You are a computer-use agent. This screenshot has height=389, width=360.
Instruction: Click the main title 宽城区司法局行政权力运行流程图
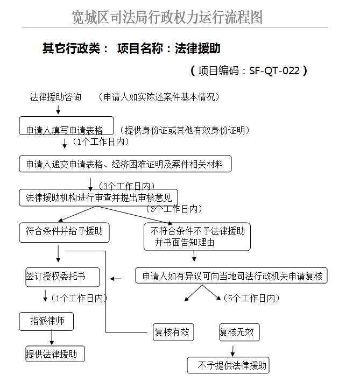pos(167,17)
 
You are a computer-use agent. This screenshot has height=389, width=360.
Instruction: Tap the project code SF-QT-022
pos(274,70)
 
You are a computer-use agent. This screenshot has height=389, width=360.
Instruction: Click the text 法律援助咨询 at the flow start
pos(55,97)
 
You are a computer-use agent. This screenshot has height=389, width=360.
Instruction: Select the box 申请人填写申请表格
pos(67,125)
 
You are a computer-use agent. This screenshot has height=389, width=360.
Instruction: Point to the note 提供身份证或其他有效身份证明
pos(185,130)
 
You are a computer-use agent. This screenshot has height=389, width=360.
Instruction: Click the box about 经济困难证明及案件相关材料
pos(125,164)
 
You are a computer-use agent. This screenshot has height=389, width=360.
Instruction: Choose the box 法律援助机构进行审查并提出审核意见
pos(98,197)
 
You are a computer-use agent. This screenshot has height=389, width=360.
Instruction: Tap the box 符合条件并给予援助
pos(64,232)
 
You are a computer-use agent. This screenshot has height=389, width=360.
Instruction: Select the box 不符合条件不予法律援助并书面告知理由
pos(197,237)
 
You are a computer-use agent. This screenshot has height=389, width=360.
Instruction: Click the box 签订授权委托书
pos(63,277)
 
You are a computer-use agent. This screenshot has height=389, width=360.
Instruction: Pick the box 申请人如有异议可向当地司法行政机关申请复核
pos(231,275)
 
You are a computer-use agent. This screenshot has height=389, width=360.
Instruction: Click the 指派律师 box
pos(46,322)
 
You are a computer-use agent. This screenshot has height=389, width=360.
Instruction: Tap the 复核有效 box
pos(173,332)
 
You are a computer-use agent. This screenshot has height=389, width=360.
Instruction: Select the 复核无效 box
pos(239,332)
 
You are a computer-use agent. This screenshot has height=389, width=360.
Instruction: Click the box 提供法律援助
pos(55,354)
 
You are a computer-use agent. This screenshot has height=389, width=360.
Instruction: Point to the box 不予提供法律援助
pos(228,365)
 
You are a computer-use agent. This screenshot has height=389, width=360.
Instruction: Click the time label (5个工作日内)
pos(252,298)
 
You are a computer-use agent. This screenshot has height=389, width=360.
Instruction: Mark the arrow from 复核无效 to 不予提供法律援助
pos(232,351)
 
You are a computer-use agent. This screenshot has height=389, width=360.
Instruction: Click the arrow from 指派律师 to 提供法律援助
pos(52,337)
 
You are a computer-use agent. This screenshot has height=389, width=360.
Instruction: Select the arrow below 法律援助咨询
pos(58,109)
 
